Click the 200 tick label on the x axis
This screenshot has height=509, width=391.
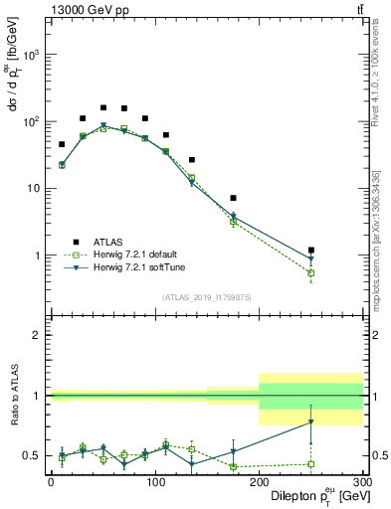pyautogui.click(x=259, y=482)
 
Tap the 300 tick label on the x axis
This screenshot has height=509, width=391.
pyautogui.click(x=362, y=482)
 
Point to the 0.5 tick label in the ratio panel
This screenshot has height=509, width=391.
pyautogui.click(x=34, y=455)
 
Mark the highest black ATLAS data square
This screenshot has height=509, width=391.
pyautogui.click(x=103, y=107)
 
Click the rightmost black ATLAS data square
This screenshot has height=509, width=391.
pyautogui.click(x=311, y=251)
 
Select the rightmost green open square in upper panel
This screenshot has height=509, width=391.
pyautogui.click(x=311, y=272)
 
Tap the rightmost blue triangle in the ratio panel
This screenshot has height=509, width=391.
pyautogui.click(x=311, y=422)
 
